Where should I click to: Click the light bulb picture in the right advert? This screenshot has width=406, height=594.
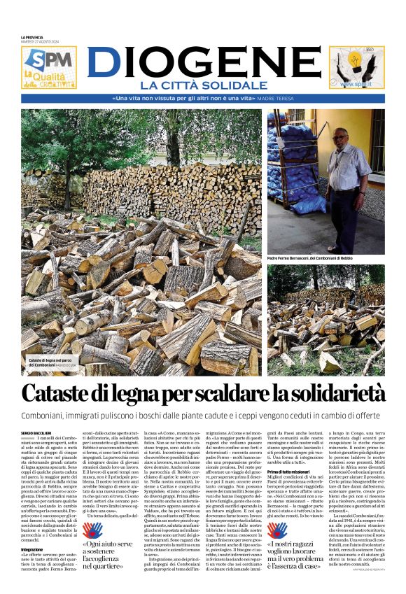tap(356, 65)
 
